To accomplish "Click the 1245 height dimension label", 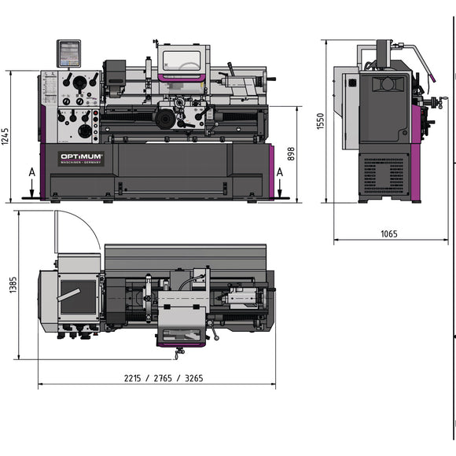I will [6, 134].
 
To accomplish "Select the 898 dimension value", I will [291, 153].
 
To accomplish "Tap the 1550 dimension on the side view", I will [320, 120].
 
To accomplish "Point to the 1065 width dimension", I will [388, 234].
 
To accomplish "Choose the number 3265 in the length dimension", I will [190, 378].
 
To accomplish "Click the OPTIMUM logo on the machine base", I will [82, 156].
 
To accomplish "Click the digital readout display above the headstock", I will [69, 53].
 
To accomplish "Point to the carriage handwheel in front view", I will [165, 119].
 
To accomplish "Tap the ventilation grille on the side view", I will [384, 175].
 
